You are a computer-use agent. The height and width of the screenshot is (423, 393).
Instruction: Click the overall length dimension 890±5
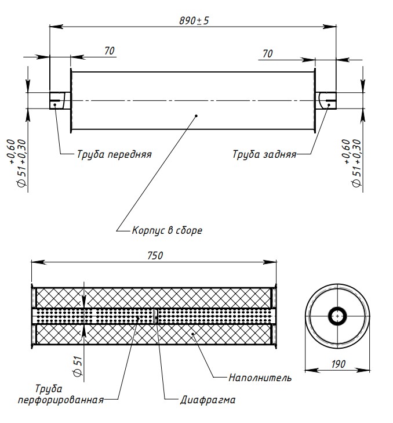[194, 20]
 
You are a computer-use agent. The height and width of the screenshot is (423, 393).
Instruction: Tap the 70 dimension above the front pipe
[109, 51]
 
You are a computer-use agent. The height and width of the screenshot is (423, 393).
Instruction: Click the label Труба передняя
[114, 154]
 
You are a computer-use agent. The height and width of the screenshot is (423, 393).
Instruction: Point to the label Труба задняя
[264, 154]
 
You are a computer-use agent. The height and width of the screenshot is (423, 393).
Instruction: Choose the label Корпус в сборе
[167, 230]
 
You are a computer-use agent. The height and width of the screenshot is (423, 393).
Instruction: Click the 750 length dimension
[155, 255]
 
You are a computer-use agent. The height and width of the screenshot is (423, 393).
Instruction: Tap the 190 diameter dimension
[339, 364]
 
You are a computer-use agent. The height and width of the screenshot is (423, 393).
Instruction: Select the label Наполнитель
[260, 378]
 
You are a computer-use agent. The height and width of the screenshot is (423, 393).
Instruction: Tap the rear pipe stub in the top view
[326, 100]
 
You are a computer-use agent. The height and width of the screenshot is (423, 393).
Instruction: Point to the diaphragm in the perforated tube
[156, 316]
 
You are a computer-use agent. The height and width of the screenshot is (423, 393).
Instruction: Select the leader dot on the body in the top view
[197, 116]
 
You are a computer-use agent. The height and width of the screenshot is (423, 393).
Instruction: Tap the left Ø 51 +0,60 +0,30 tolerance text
[17, 163]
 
